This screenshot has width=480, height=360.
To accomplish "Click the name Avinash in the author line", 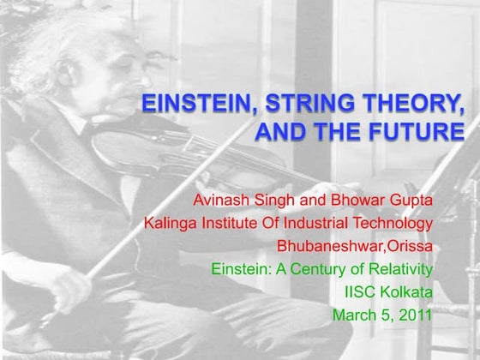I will coord(220,201).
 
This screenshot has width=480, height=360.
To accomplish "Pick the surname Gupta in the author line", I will coord(412,201).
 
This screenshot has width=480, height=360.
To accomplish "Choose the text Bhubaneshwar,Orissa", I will coord(355,247).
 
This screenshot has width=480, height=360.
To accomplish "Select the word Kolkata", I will coord(407,292).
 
